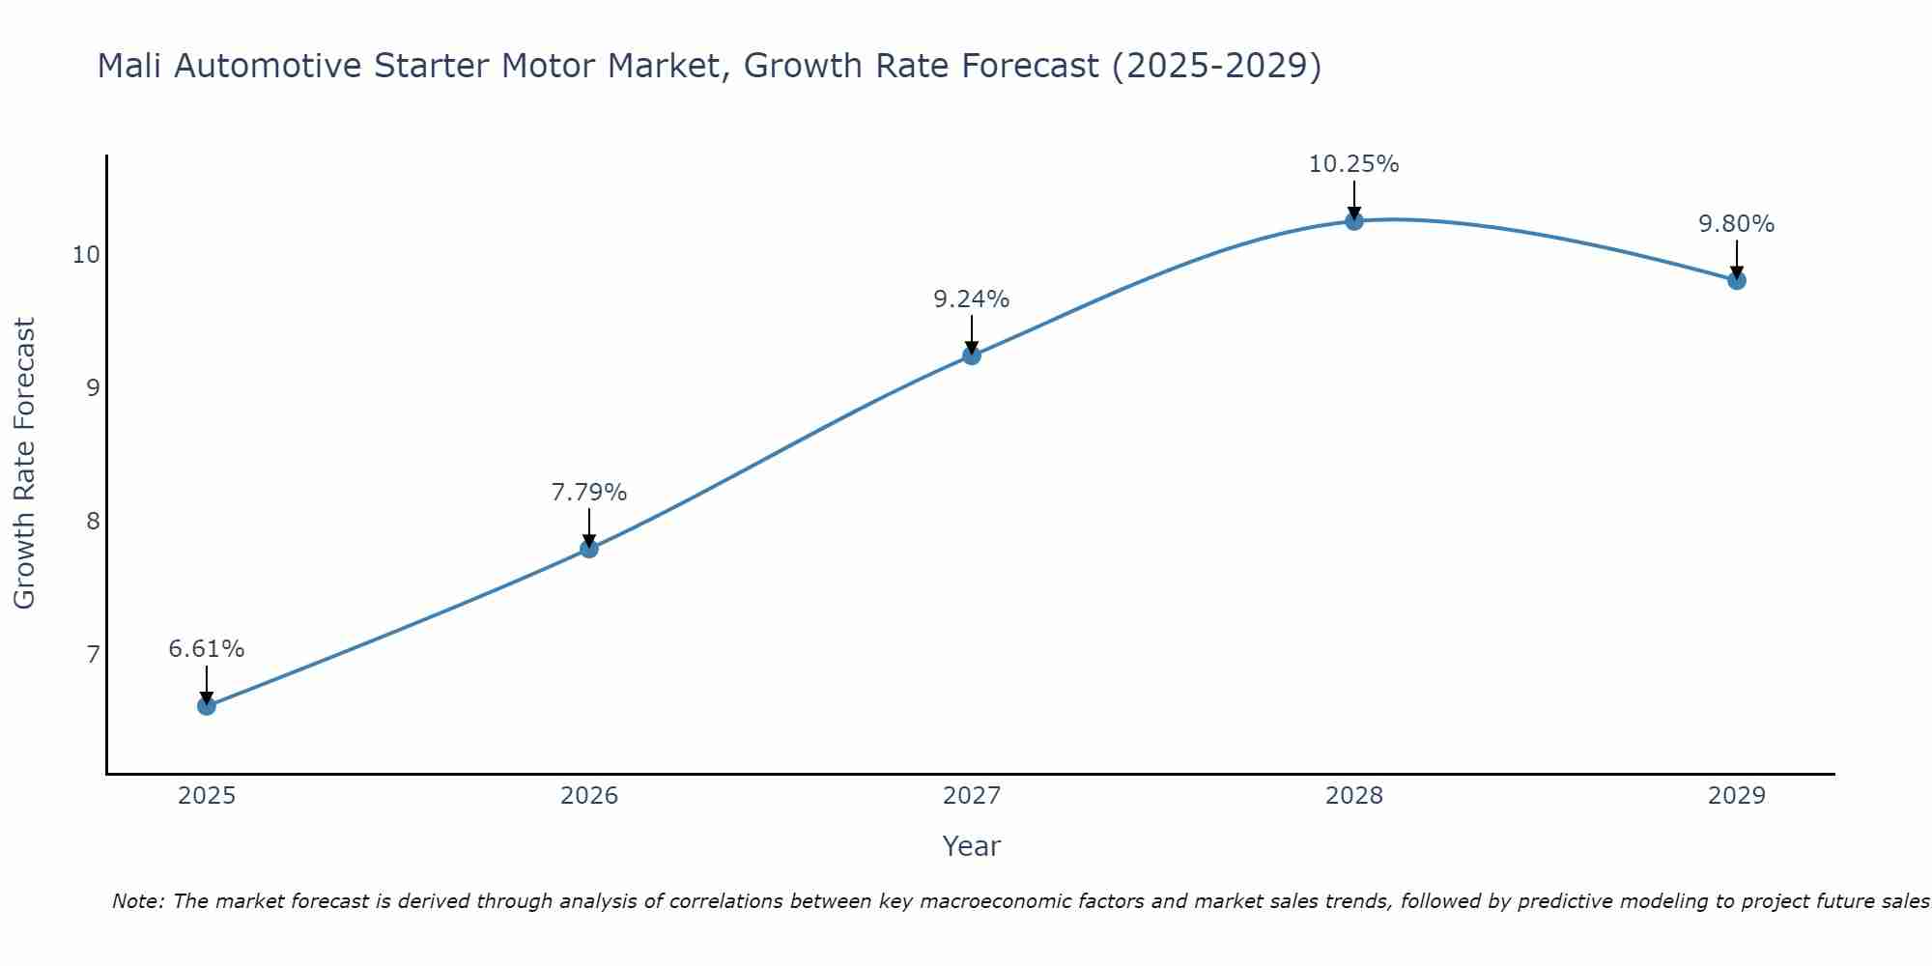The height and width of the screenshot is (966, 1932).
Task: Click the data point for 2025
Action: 206,706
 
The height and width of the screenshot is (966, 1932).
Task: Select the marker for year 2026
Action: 588,549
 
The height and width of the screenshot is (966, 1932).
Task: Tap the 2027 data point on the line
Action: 971,355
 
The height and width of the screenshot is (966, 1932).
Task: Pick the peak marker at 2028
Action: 1353,221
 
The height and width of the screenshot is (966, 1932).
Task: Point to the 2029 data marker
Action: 1736,281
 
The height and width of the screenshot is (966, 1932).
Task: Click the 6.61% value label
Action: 206,649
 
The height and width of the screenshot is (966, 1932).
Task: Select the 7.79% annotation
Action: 588,493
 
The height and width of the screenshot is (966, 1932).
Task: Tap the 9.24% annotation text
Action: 971,299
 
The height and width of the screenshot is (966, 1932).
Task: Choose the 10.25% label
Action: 1353,164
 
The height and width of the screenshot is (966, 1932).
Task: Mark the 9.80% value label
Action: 1736,224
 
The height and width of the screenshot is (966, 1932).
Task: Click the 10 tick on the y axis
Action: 86,255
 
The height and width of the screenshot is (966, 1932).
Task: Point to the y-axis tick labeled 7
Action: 93,655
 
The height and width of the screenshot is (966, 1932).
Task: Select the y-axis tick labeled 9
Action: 93,388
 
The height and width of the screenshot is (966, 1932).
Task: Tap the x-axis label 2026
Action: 588,796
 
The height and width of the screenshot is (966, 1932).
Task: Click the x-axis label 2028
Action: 1353,796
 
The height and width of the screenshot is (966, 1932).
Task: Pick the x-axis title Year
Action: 971,846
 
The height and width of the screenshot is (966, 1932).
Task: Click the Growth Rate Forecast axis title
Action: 24,464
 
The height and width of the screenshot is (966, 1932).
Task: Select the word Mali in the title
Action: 129,67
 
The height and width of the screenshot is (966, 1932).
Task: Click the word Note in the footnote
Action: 139,901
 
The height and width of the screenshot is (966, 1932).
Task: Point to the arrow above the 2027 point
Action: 971,334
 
